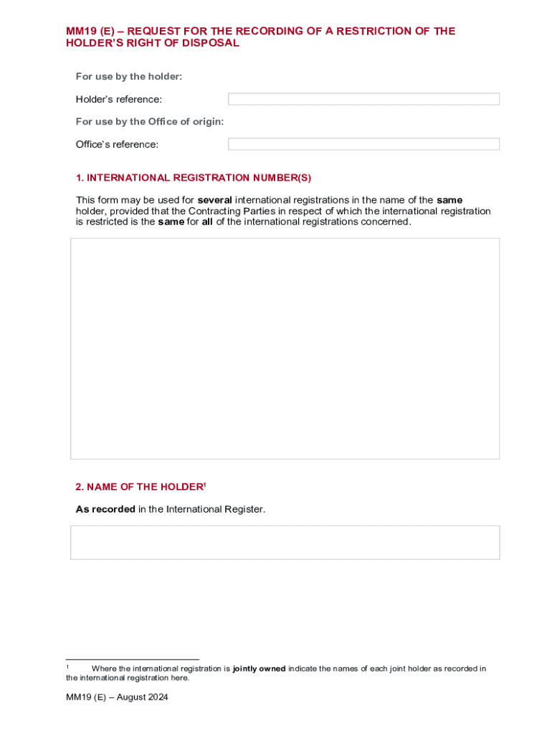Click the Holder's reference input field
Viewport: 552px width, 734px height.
point(363,99)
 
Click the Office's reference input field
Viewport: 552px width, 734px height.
point(363,144)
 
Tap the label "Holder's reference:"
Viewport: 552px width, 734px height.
point(119,100)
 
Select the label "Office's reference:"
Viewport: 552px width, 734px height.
point(117,145)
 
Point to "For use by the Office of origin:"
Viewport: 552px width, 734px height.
point(150,122)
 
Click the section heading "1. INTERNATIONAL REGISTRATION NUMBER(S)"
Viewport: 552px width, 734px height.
point(194,178)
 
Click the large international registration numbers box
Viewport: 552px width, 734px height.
point(285,348)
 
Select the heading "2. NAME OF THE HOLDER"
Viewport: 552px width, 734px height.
point(140,487)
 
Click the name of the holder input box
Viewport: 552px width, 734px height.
point(285,543)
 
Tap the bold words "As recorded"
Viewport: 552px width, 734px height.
point(105,510)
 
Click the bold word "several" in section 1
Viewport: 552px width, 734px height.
point(214,200)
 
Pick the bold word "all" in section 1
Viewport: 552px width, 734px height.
point(207,221)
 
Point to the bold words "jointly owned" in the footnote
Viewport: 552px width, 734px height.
point(259,669)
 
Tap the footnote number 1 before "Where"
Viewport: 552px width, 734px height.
point(67,667)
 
